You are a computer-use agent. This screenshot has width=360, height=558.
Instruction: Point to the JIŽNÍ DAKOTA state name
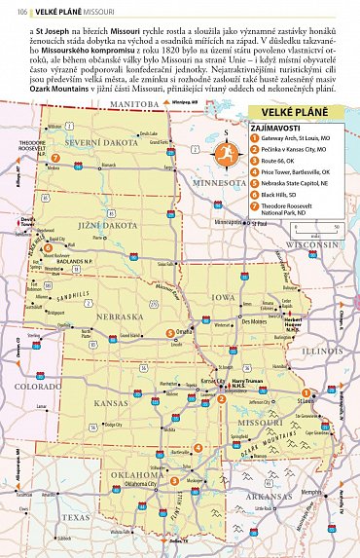tap(92, 226)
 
